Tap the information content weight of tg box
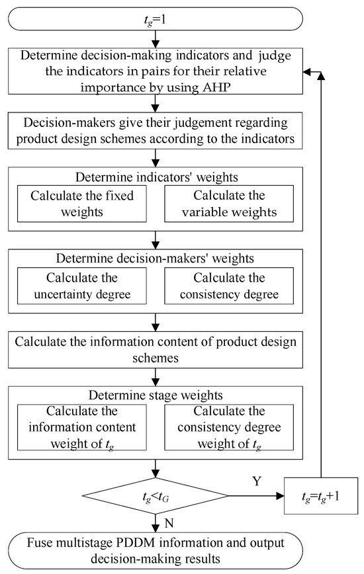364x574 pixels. pyautogui.click(x=81, y=429)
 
